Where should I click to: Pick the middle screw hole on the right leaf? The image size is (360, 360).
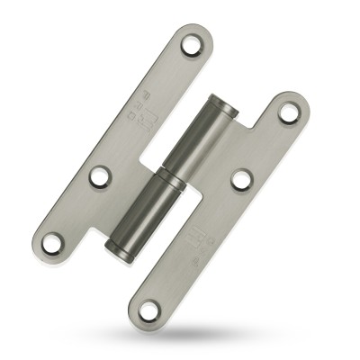241,179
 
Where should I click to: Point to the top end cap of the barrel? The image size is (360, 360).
223,102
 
